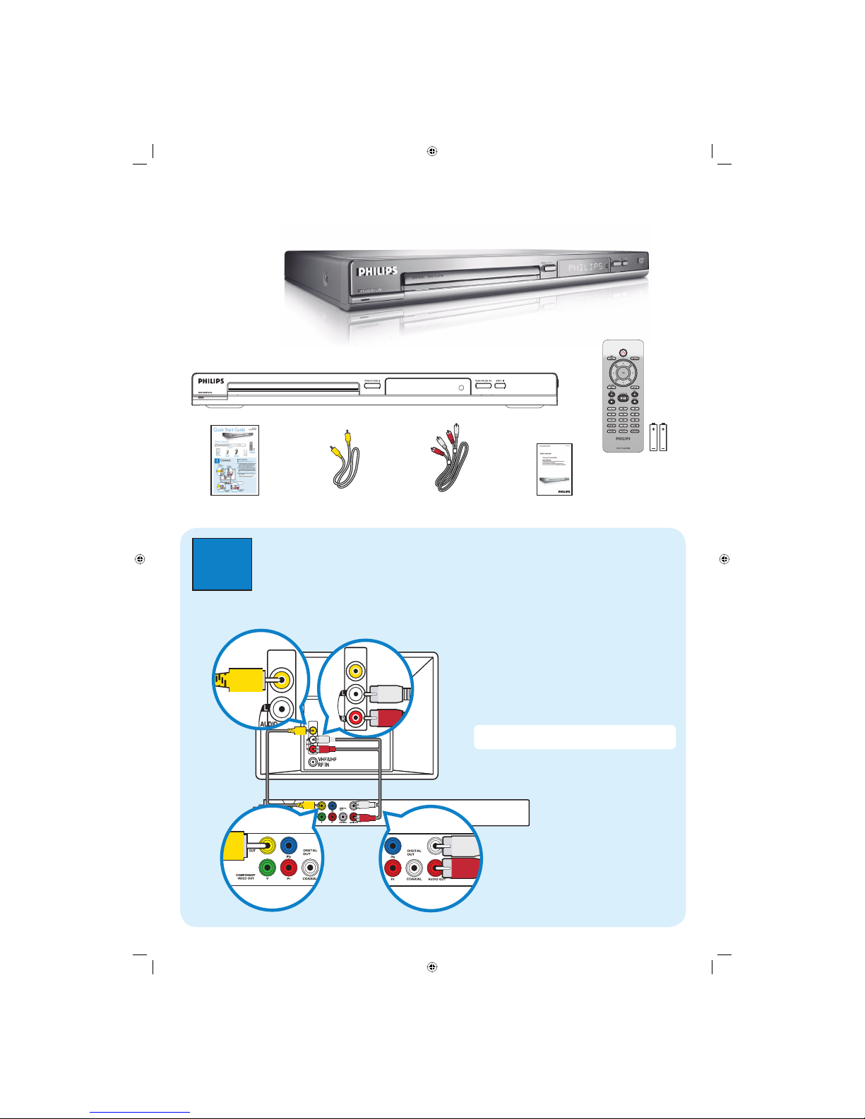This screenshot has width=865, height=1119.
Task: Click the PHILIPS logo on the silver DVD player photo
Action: pos(377,271)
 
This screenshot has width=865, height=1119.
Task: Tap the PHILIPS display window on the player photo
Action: pos(585,267)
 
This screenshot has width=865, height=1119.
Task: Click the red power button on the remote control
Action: pos(623,352)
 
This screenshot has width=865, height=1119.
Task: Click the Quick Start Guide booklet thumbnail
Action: pos(234,460)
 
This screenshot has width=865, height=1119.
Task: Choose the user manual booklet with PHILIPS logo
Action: pos(554,469)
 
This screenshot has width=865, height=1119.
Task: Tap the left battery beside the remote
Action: pos(654,437)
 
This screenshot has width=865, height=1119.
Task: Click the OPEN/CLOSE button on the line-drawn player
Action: pos(372,385)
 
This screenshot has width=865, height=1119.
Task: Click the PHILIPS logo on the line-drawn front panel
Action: pos(210,381)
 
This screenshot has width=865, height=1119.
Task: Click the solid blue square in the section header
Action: pos(222,564)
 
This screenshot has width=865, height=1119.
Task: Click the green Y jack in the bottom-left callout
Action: pos(267,866)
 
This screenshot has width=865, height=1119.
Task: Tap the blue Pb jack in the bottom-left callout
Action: pos(289,845)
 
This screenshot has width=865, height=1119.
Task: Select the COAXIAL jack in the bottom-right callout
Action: pos(414,868)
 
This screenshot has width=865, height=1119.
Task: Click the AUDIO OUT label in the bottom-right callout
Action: pos(437,879)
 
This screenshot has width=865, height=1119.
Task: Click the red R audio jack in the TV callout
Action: pos(355,718)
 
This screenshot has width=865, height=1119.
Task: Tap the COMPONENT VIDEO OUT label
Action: pos(245,877)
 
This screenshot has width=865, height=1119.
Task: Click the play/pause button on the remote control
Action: pos(623,398)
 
